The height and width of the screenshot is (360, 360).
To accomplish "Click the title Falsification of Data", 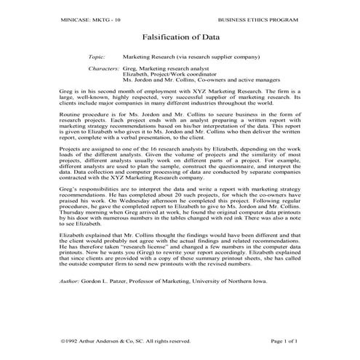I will (x=179, y=35).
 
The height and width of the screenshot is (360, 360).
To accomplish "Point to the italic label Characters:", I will (x=103, y=68).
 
